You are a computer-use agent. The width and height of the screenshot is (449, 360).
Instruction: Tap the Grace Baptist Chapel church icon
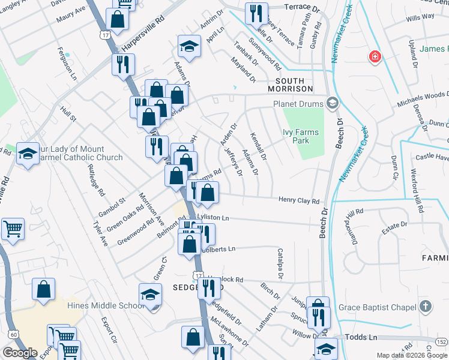[x=426, y=307]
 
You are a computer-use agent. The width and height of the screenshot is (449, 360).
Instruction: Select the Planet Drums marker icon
[x=332, y=103]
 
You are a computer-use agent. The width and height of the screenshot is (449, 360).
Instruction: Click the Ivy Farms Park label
[x=301, y=136]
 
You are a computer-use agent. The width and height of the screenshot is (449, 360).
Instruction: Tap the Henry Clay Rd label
[x=298, y=201]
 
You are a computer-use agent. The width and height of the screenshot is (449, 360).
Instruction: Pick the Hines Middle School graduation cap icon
[x=150, y=295]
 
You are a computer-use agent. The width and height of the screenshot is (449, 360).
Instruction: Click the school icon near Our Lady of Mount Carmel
[x=28, y=154]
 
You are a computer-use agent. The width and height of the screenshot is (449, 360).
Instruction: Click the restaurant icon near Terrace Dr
[x=256, y=13]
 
